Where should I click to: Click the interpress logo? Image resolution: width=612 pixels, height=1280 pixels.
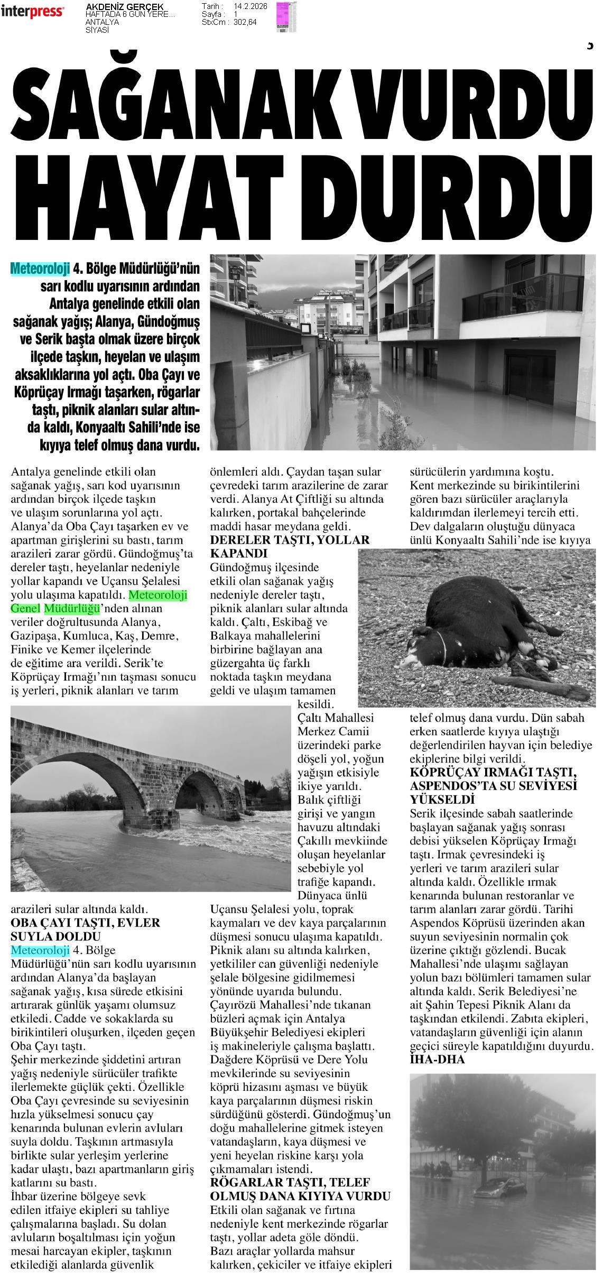[x=32, y=12]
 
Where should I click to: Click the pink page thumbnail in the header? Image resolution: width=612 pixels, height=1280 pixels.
[x=286, y=17]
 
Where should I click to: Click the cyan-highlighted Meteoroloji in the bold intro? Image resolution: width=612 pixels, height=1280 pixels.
[x=40, y=268]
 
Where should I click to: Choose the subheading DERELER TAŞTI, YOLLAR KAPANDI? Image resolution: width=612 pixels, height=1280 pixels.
[x=290, y=546]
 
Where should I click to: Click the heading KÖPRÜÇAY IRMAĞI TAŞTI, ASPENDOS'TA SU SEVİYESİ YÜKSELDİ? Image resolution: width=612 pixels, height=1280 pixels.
[x=493, y=786]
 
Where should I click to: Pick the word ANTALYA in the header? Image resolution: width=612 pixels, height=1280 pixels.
[x=102, y=22]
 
